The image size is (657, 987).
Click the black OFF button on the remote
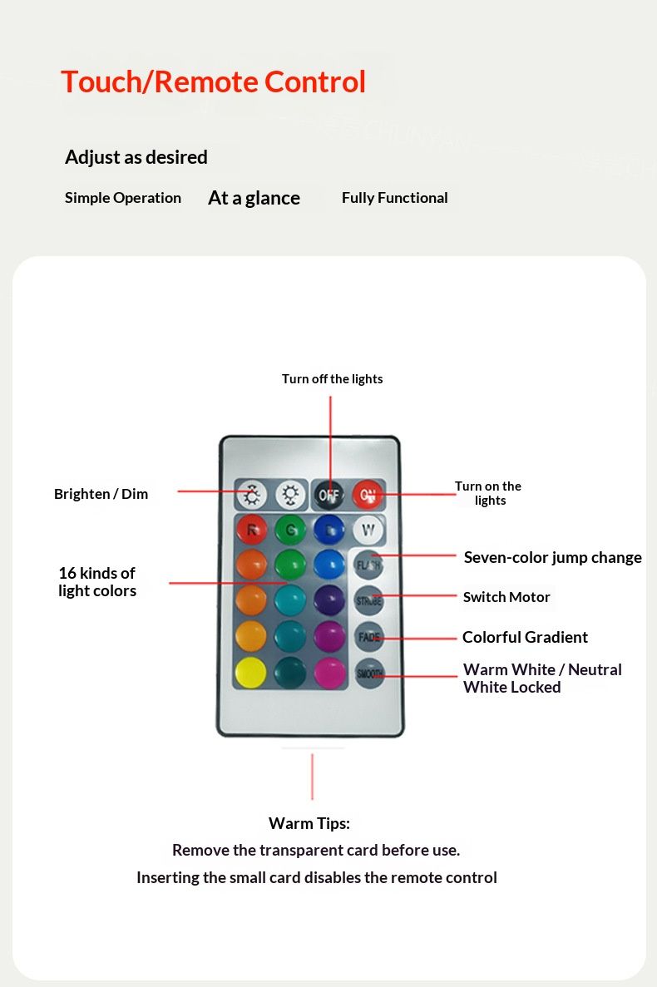coord(329,496)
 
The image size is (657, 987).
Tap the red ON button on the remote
coord(367,496)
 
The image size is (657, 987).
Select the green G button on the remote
coord(290,530)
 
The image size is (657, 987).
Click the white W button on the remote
coord(368,530)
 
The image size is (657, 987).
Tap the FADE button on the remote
coord(369,637)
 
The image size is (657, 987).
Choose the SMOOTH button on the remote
coord(369,673)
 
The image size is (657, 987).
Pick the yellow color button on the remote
coord(251,672)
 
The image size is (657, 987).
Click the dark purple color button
coord(329,600)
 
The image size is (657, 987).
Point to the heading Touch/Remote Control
coord(213,81)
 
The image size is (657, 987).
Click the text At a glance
coord(254,198)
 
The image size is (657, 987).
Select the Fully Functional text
coord(394,198)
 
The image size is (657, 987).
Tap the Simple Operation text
coord(123,198)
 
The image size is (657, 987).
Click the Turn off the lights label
coord(332,379)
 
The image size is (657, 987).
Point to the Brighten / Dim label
coord(101,494)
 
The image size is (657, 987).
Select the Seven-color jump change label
coord(552,557)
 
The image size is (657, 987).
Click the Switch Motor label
coord(506,597)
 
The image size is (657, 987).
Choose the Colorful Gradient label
coord(525,637)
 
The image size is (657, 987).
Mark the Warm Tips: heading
coord(309,823)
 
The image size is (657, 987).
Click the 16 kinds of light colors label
coord(96,582)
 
